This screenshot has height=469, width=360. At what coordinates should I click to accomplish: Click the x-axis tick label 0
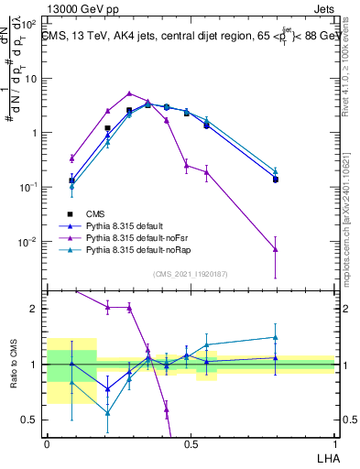coord(47,442)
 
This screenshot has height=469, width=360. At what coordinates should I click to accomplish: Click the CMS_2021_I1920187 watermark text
coord(191,274)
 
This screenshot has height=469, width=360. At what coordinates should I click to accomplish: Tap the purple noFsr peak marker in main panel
coord(130,93)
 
